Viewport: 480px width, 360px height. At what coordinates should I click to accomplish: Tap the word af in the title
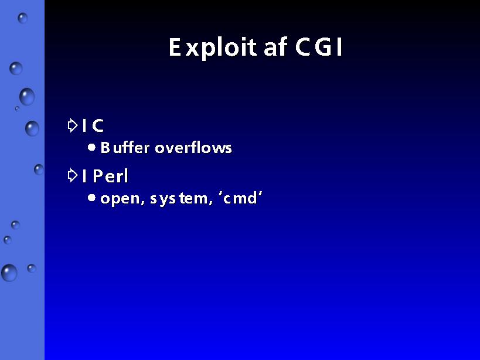click(275, 47)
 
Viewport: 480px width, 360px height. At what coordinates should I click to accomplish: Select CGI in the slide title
click(318, 47)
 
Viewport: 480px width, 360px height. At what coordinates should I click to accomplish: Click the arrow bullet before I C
click(73, 125)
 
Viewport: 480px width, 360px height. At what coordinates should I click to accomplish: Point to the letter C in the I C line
click(98, 125)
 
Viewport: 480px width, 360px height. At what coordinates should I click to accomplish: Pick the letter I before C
click(84, 125)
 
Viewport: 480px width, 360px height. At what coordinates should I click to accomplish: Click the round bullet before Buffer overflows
click(91, 148)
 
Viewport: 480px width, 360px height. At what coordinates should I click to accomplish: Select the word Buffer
click(125, 147)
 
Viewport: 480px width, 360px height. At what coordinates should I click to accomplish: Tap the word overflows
click(193, 147)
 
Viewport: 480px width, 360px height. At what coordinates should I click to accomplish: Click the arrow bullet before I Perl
click(73, 176)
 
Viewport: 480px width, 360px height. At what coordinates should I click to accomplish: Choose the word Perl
click(110, 176)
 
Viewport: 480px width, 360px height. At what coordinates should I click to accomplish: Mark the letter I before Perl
click(84, 176)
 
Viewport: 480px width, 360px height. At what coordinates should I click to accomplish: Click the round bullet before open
click(91, 198)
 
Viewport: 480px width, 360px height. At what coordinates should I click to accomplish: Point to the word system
click(181, 199)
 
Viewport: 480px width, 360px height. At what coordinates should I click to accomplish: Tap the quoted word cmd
click(240, 198)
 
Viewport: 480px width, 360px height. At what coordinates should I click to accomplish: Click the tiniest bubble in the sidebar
click(17, 108)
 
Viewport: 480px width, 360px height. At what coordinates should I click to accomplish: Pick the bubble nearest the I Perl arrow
click(39, 169)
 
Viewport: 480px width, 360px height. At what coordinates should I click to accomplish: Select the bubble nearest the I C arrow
click(32, 128)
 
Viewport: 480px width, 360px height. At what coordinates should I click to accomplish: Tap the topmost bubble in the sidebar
click(23, 18)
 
